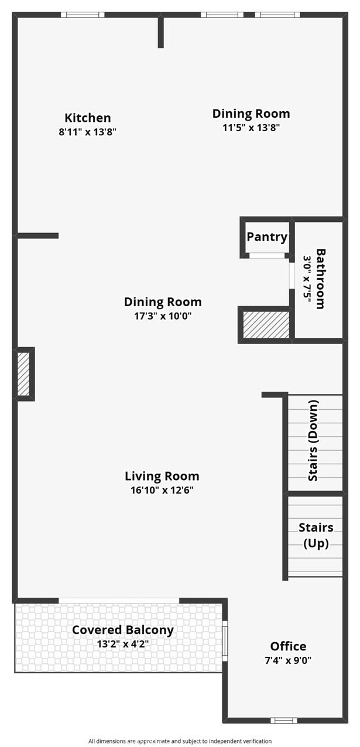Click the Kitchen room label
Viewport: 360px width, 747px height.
tap(87, 118)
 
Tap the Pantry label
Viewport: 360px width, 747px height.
tap(267, 237)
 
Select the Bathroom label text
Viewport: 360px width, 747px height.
tap(320, 279)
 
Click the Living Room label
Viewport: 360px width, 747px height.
tap(162, 476)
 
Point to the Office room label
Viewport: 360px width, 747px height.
tap(288, 646)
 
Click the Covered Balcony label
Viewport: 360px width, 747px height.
tap(122, 630)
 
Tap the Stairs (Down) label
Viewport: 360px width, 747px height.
tap(314, 440)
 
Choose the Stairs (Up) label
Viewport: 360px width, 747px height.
tap(316, 535)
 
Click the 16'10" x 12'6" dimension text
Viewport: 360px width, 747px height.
tap(162, 490)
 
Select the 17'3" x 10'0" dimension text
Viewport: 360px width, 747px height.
tap(162, 316)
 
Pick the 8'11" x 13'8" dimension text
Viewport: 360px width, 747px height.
tap(88, 132)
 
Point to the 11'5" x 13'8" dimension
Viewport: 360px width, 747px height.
tap(251, 128)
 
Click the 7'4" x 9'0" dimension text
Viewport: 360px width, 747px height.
tap(288, 660)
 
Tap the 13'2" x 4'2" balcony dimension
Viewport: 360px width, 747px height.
tap(122, 643)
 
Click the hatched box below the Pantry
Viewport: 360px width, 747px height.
tap(266, 325)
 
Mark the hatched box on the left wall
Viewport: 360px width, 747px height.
tap(23, 373)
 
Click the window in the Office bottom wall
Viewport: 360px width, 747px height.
tap(283, 720)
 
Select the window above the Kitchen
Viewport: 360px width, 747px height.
tap(83, 15)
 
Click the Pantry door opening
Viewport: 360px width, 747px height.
tap(267, 255)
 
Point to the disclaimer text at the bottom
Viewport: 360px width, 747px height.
tap(180, 741)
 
